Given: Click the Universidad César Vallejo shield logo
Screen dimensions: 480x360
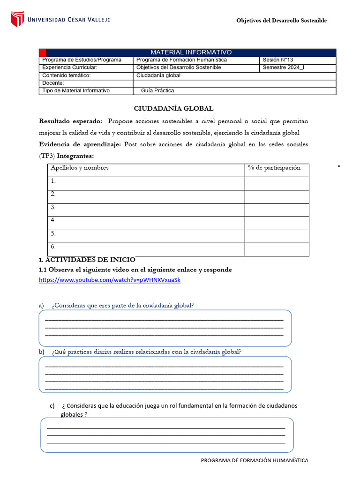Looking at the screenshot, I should tap(17, 19).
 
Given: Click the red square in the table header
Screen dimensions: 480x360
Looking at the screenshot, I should tap(42, 52).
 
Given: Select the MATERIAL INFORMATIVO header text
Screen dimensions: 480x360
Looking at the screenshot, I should tap(191, 52).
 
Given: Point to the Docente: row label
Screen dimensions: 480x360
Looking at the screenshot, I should tap(53, 83).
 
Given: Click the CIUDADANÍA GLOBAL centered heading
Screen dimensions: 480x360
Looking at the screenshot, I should tap(173, 108).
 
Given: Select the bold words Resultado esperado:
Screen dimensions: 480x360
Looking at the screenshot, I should tap(70, 121).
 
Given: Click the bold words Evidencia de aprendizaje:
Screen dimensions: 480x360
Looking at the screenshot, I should tap(80, 144).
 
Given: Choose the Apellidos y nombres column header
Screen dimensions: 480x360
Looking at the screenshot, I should tap(80, 168).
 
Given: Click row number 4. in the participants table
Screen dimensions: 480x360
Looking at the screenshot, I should tap(53, 220).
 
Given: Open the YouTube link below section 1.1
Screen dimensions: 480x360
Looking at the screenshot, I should tap(109, 280).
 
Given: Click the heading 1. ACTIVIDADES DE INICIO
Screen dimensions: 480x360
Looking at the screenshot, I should tap(87, 260).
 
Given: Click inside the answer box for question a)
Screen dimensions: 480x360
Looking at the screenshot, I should tap(165, 328).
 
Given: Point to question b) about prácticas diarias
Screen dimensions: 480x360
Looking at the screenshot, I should tap(146, 352).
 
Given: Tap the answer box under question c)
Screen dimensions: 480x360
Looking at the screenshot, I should tap(166, 435).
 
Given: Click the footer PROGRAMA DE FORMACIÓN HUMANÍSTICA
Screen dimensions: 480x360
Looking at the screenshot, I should tap(255, 460).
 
